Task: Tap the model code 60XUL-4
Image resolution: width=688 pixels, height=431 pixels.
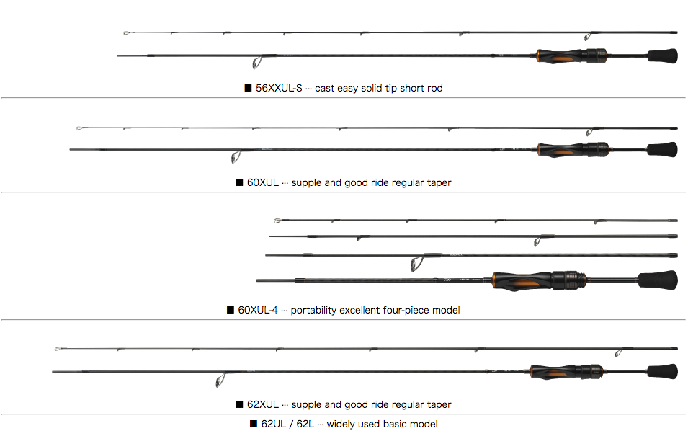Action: pos(258,311)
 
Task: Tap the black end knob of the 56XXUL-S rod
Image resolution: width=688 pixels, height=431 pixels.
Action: pos(663,55)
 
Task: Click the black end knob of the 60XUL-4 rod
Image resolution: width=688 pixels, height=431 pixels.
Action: pos(658,280)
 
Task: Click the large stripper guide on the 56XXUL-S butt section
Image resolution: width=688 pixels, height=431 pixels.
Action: pos(256,62)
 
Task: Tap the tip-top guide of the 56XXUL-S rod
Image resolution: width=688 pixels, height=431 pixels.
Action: pos(126,33)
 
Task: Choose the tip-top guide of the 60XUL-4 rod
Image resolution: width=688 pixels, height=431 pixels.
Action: pos(277,220)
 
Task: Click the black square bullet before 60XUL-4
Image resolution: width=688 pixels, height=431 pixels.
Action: pos(230,311)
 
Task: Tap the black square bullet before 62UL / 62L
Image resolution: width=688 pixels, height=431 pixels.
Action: pos(254,425)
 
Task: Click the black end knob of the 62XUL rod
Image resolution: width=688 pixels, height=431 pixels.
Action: pos(662,372)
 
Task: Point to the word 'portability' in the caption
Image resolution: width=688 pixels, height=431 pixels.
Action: pos(317,311)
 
